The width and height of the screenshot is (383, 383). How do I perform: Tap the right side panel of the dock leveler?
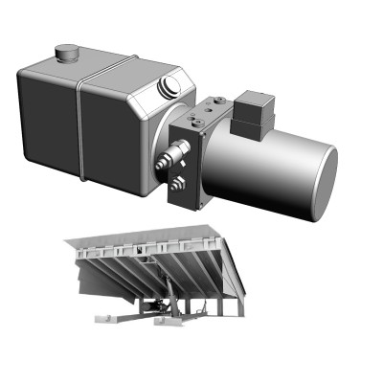[234, 278]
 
